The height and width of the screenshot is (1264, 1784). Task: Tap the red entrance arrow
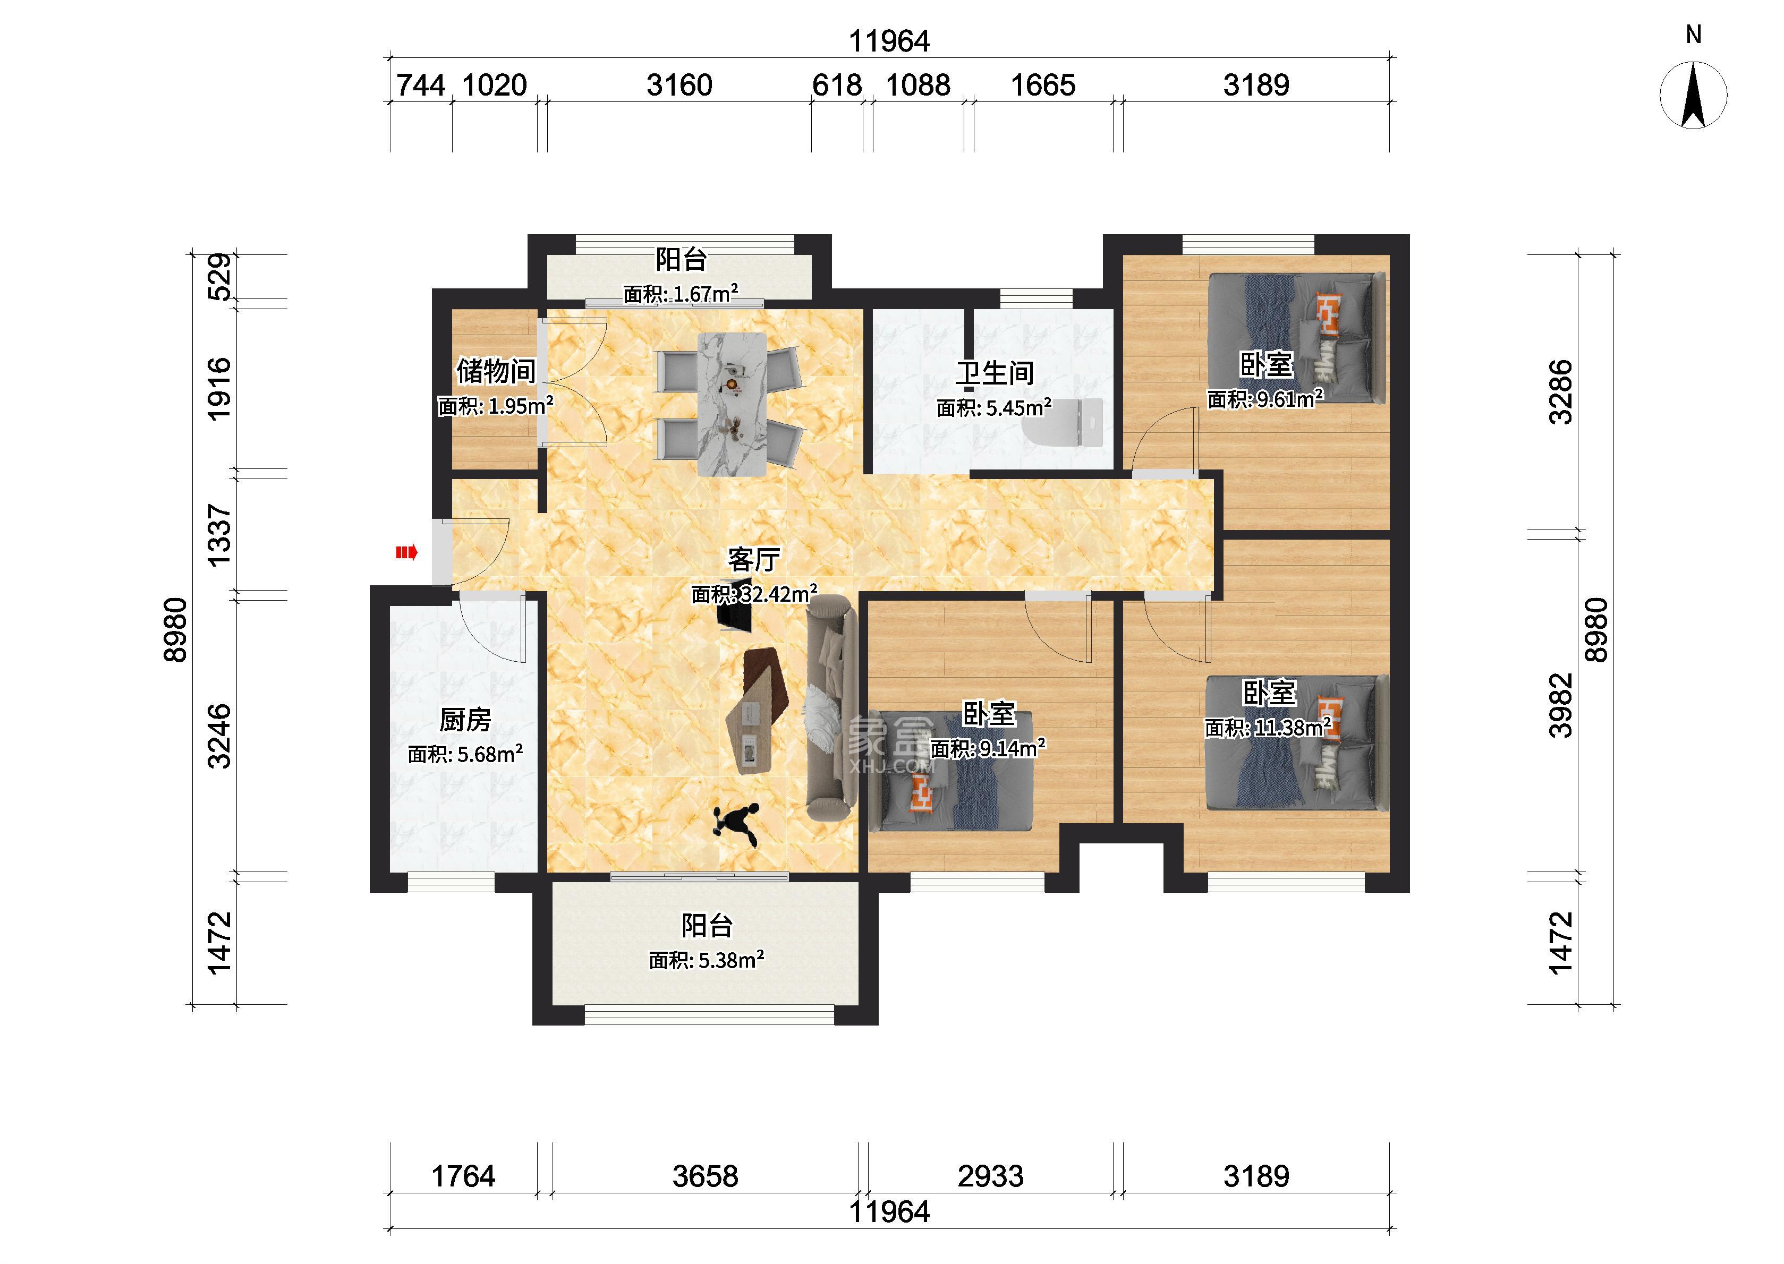407,553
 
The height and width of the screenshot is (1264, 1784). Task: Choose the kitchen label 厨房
465,720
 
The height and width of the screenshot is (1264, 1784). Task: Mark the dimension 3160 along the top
679,85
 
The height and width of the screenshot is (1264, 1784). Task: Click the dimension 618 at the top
837,85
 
